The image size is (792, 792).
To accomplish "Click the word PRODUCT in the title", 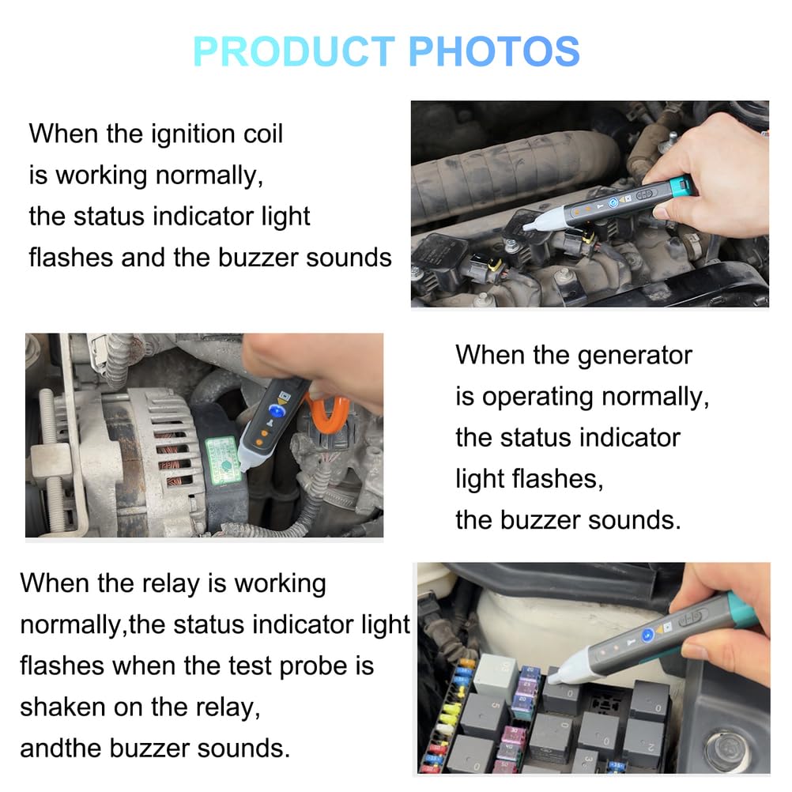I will (293, 51).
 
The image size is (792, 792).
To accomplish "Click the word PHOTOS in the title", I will (495, 51).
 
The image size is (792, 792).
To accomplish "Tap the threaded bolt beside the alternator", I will (52, 451).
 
